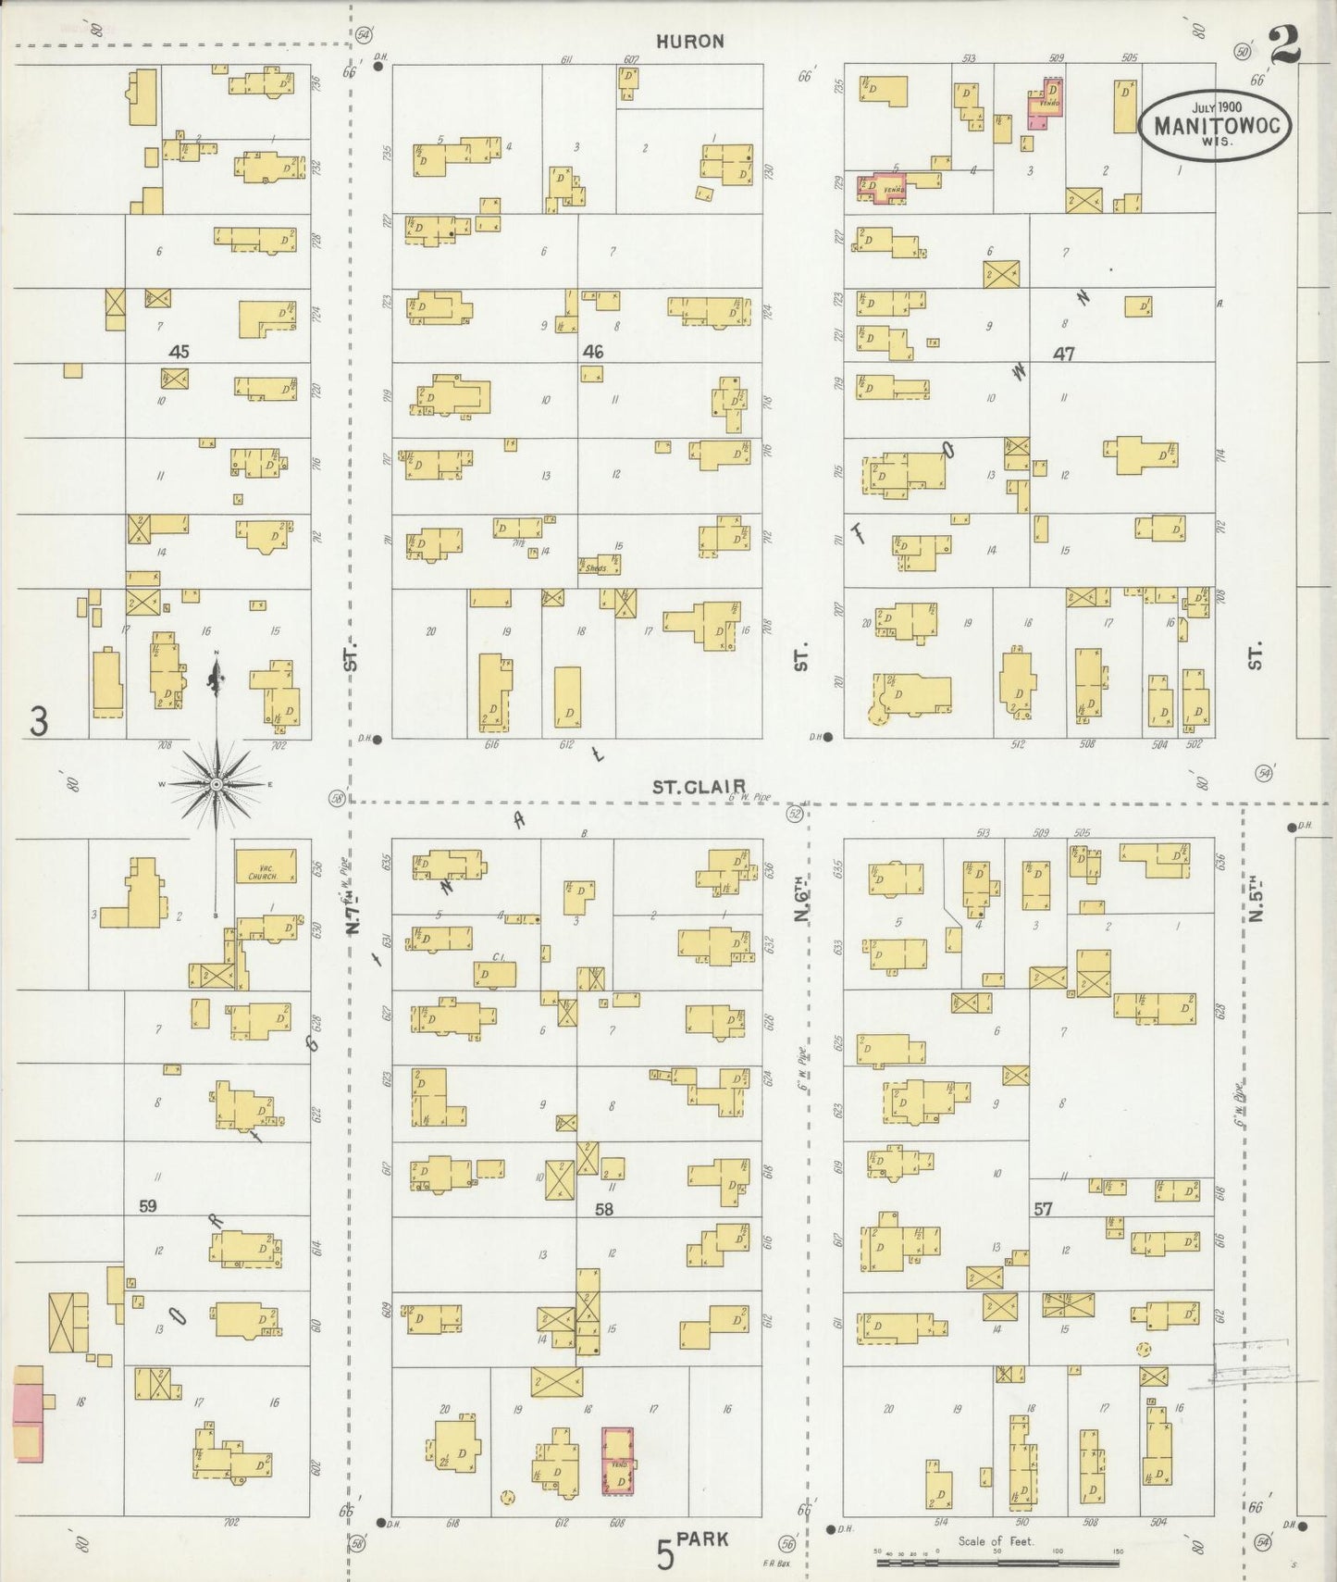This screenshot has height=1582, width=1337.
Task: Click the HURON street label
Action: [x=690, y=42]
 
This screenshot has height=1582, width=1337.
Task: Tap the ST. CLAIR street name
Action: [x=687, y=787]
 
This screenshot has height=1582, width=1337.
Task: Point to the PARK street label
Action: [x=702, y=1539]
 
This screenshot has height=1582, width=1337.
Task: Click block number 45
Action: [x=179, y=352]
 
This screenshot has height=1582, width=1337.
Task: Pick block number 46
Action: [x=593, y=352]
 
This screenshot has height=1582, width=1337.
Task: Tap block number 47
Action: [x=1063, y=354]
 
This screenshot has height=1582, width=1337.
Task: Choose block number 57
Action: [x=1043, y=1209]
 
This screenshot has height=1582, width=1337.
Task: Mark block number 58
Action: [x=604, y=1209]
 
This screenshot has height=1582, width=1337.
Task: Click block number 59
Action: [x=148, y=1206]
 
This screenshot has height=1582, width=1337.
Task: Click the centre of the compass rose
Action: [x=217, y=784]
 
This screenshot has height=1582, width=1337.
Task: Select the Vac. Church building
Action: [x=266, y=866]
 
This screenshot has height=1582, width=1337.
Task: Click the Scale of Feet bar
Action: [x=997, y=1563]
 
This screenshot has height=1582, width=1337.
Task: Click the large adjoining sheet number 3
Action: [x=38, y=721]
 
